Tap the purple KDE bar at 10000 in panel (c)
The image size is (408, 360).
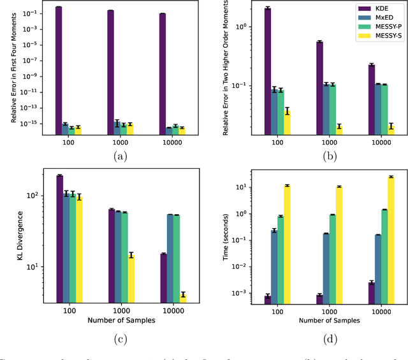click(164, 278)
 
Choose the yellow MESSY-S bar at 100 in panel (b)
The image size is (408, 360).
click(288, 122)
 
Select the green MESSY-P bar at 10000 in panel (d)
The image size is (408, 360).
click(384, 256)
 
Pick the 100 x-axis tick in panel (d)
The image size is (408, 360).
click(277, 312)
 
